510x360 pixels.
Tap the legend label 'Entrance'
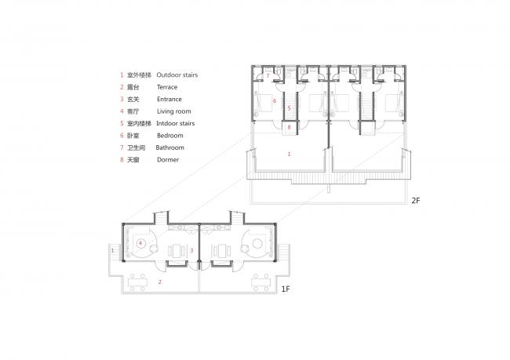point(169,100)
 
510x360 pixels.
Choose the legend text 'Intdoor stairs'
point(176,123)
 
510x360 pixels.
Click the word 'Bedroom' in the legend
point(170,135)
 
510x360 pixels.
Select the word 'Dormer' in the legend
point(168,159)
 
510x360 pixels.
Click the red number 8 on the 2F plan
point(290,127)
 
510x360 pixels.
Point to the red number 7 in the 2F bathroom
point(268,76)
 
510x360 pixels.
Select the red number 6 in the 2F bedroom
point(275,101)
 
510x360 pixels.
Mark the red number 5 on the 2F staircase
point(289,107)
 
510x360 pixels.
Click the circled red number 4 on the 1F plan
point(140,244)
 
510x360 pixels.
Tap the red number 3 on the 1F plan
point(191,250)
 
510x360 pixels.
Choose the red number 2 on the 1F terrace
point(160,281)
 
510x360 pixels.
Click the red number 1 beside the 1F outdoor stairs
point(114,250)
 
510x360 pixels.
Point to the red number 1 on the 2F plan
point(290,154)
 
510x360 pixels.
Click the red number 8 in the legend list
point(122,159)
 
